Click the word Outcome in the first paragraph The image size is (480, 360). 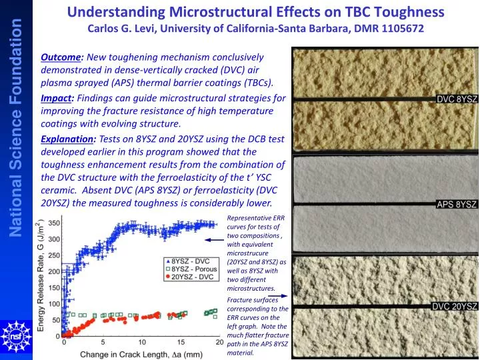click(59, 58)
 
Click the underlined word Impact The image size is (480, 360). click(56, 97)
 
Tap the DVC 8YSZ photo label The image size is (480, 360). click(457, 98)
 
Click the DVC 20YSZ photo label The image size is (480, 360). click(455, 306)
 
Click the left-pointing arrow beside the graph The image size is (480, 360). click(214, 239)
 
